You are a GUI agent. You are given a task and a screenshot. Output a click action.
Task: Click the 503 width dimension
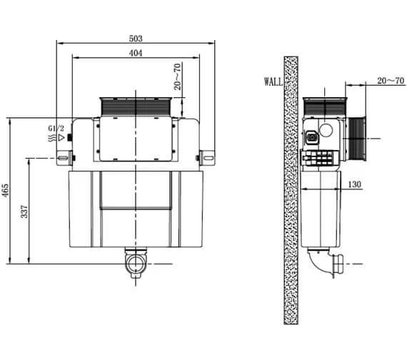[x=136, y=38]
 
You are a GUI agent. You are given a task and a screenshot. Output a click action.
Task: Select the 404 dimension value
[x=136, y=54]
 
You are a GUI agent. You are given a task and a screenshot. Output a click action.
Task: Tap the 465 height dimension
[x=6, y=191]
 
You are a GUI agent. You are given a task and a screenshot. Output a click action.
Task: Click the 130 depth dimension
[x=355, y=184]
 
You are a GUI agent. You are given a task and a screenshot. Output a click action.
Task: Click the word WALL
[x=273, y=82]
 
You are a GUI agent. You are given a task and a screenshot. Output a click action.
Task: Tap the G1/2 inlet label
[x=56, y=128]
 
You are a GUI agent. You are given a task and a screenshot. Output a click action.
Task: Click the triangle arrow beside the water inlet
[x=62, y=137]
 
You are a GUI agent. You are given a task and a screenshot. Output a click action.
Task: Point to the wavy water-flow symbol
[x=51, y=137]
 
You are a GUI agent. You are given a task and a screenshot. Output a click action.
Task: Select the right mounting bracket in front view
[x=206, y=156]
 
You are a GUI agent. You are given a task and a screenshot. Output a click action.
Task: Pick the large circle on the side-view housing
[x=326, y=131]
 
